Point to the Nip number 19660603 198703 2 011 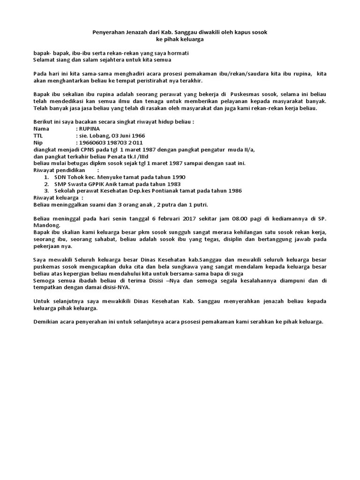point(111,142)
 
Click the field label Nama point(41,128)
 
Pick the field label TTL point(38,135)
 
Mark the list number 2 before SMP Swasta point(46,184)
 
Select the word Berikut point(44,121)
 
